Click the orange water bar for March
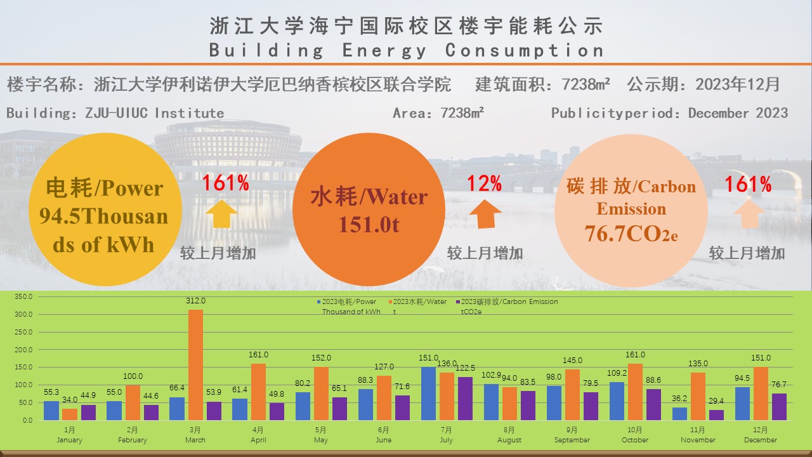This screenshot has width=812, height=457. point(195,365)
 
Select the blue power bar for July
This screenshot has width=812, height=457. point(429,394)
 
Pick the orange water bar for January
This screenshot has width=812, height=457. point(70,414)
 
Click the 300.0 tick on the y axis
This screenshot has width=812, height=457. point(23,314)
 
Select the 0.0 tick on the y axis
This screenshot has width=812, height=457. point(27,420)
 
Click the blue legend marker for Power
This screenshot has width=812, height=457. point(319,302)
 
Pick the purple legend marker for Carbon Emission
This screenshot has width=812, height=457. point(458,302)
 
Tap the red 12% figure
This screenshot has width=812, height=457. point(485,184)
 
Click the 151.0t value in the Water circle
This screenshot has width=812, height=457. point(369,225)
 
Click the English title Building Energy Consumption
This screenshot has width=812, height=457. point(406,50)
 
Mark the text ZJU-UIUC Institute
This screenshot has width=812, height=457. point(155,114)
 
